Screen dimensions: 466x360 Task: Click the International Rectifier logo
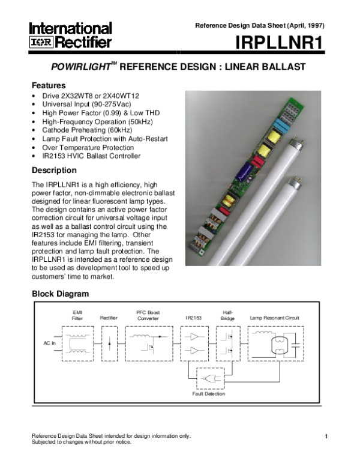tap(71, 35)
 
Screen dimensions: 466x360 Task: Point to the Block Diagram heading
tap(60, 294)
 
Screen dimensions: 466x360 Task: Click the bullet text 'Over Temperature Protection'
tap(88, 147)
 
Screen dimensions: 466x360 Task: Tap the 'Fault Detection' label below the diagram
tap(209, 393)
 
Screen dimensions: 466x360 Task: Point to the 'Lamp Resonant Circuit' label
tap(274, 318)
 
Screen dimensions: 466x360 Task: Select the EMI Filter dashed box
tap(77, 344)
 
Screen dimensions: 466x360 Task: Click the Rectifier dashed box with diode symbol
tap(110, 344)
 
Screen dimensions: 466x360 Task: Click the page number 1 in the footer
tap(325, 436)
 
